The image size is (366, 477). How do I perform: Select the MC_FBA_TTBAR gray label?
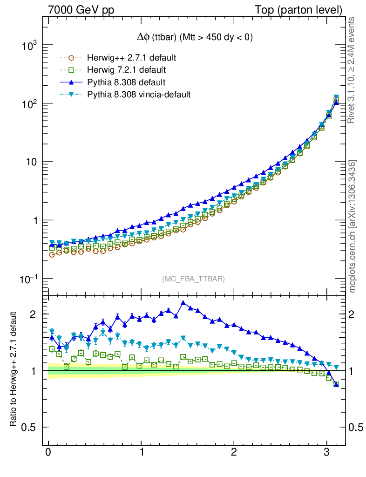click(194, 279)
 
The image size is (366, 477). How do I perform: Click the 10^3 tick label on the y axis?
click(28, 46)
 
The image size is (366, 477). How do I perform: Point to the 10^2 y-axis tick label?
click(28, 104)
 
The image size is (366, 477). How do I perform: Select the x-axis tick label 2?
click(234, 453)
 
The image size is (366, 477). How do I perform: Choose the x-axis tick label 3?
click(327, 453)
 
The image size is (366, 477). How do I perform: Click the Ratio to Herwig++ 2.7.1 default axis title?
click(14, 369)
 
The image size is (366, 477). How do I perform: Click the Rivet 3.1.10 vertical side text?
click(352, 70)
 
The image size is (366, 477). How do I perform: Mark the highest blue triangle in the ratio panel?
click(183, 303)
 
